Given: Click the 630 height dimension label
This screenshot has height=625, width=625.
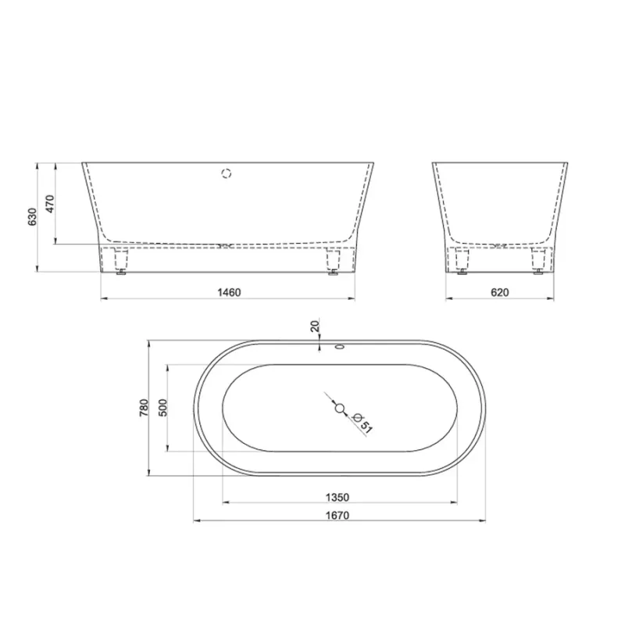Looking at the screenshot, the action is pyautogui.click(x=32, y=217).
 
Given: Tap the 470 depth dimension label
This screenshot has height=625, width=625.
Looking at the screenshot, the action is pyautogui.click(x=50, y=204).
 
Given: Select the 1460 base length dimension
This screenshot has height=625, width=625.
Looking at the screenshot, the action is pyautogui.click(x=229, y=292).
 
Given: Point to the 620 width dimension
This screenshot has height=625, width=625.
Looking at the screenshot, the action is pyautogui.click(x=499, y=292).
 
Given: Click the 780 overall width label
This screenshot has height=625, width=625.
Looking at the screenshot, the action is pyautogui.click(x=144, y=408).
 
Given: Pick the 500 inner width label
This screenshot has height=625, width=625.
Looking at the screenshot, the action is pyautogui.click(x=163, y=408).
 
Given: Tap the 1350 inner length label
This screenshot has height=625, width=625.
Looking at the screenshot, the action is pyautogui.click(x=337, y=498).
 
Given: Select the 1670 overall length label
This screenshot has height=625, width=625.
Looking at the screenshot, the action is pyautogui.click(x=337, y=516).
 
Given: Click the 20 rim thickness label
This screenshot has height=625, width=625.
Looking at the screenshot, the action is pyautogui.click(x=315, y=326).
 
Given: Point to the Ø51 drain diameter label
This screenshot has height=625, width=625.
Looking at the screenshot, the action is pyautogui.click(x=362, y=423).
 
